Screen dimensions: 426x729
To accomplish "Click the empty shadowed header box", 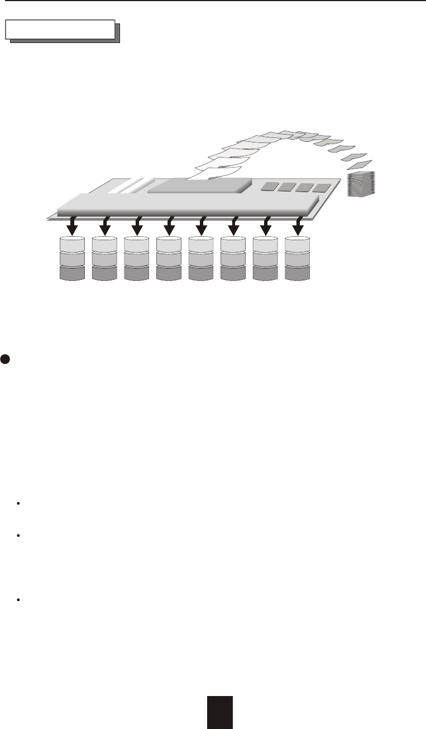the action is [x=60, y=30].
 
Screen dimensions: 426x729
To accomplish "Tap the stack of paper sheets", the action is [x=362, y=184].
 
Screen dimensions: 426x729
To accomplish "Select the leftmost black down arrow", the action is [x=72, y=227].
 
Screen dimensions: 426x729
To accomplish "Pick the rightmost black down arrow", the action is [x=299, y=227].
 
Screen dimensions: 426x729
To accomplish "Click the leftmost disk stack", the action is [x=72, y=258].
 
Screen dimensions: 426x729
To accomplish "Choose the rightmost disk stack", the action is [x=298, y=258].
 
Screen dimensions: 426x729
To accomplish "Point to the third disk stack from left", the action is [x=137, y=258].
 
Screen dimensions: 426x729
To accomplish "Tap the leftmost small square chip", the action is [x=270, y=186].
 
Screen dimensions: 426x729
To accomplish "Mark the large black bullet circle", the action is [x=4, y=360].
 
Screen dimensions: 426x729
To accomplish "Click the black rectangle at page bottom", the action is [x=219, y=712].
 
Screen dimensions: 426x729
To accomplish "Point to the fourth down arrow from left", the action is [x=169, y=227].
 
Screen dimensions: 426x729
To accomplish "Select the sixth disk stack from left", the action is [x=233, y=258].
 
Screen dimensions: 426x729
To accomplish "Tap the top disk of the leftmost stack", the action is [x=72, y=244].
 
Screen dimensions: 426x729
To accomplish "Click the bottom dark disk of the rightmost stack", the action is [x=298, y=273].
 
